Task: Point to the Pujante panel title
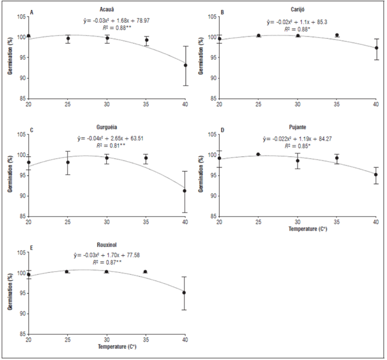[298, 130]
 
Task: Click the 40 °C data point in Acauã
[185, 65]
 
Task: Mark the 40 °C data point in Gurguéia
[185, 191]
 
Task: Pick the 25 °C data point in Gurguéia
[68, 162]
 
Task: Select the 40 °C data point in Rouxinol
[185, 293]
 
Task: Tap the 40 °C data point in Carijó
[377, 48]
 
